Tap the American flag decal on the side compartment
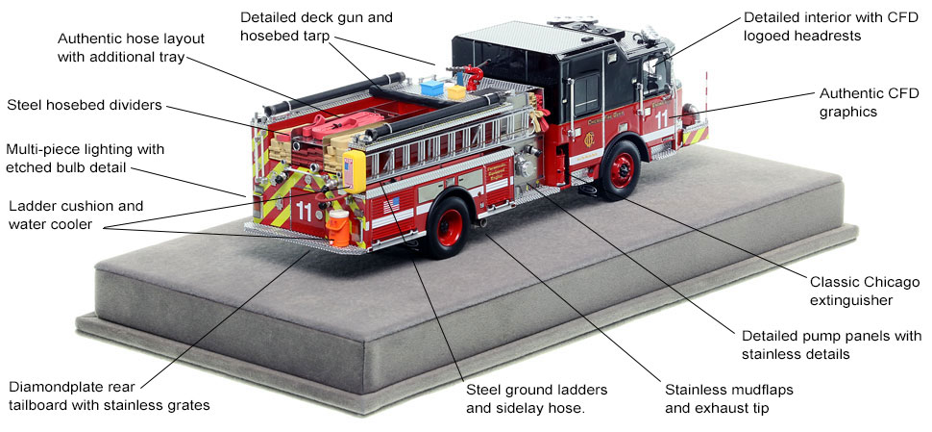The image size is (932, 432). [390, 204]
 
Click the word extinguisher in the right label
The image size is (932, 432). [849, 300]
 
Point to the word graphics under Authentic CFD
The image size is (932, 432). [847, 112]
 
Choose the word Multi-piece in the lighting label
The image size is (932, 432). [43, 150]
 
